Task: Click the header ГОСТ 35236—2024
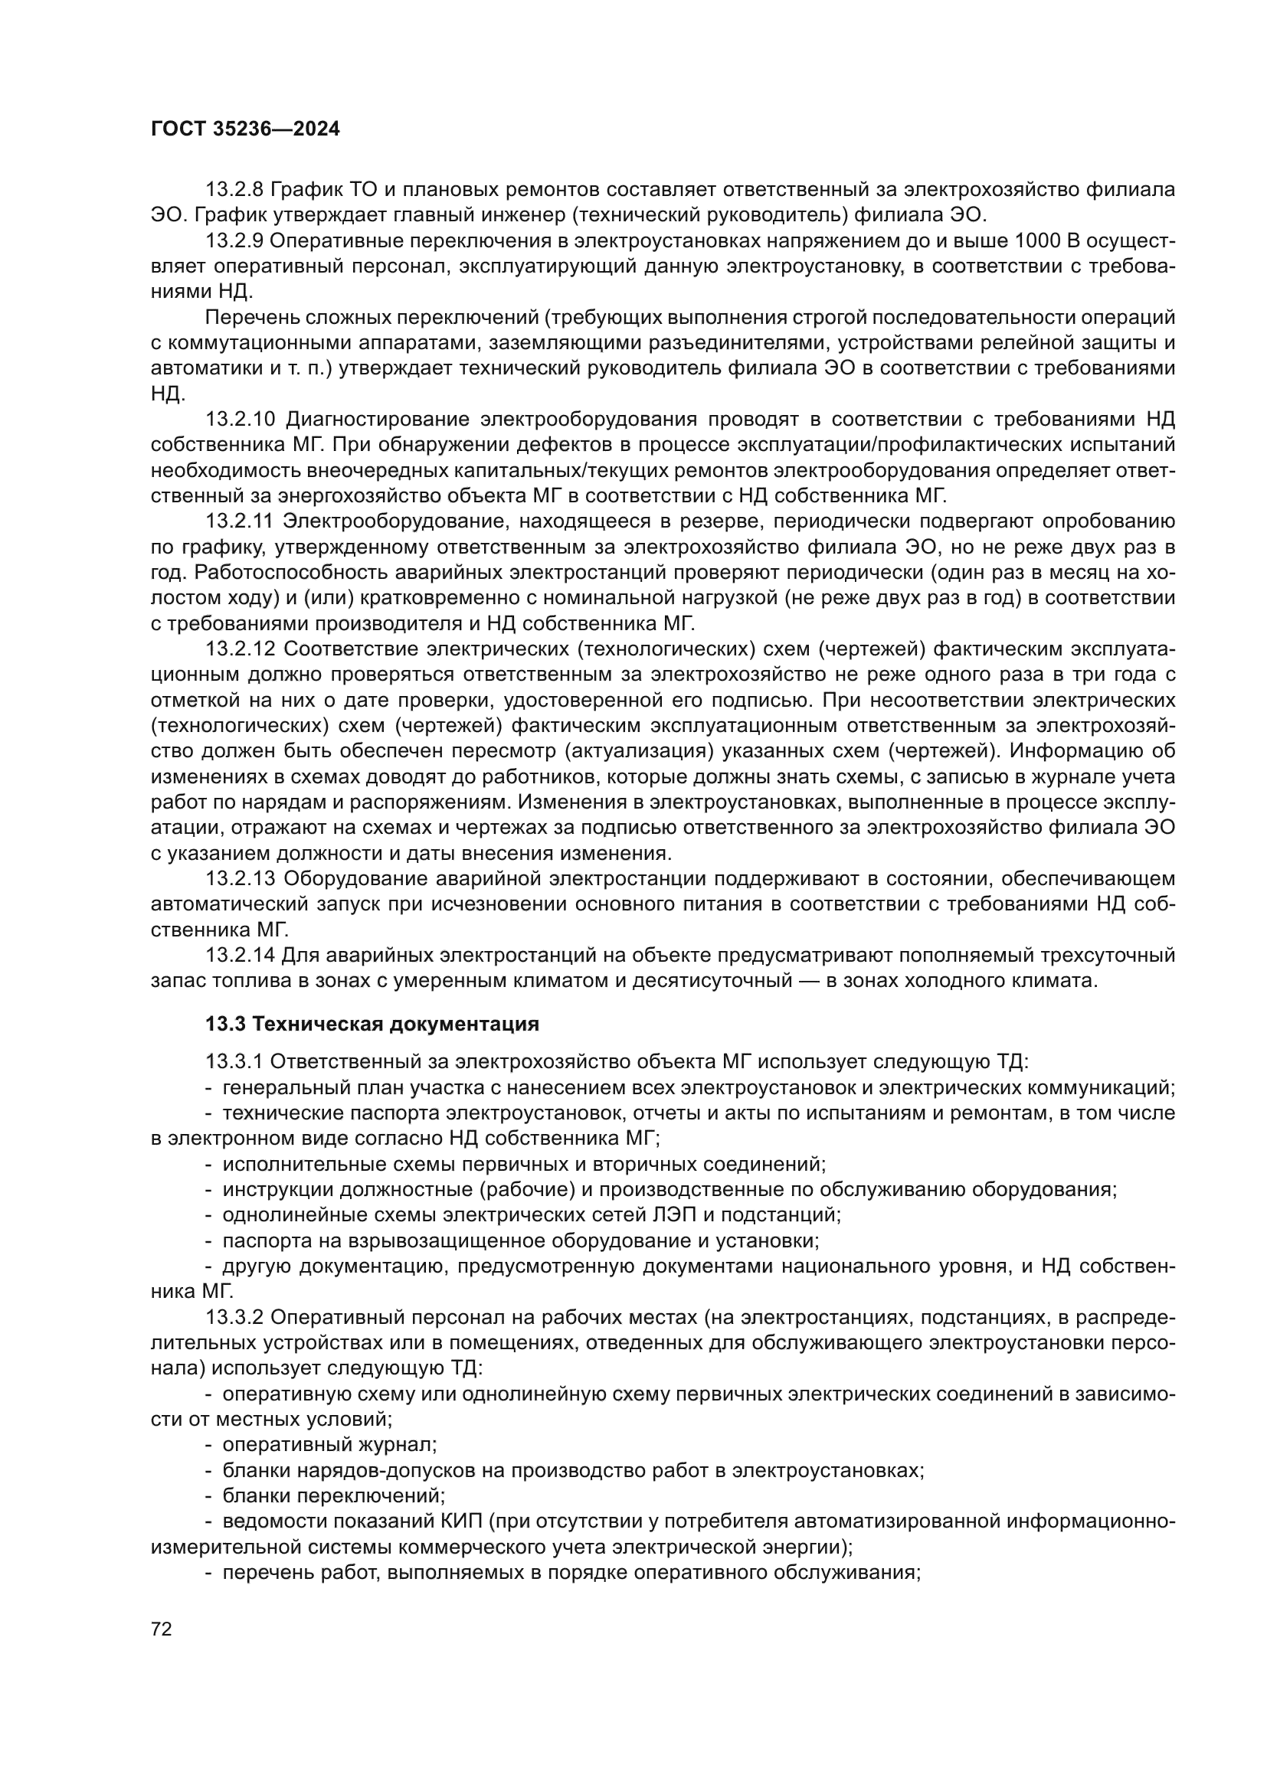pos(245,129)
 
